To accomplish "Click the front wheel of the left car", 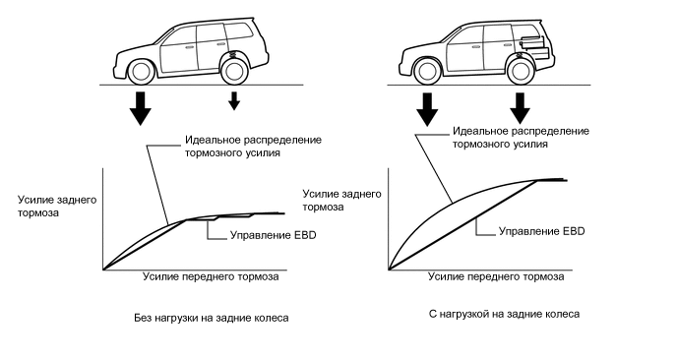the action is (x=141, y=72).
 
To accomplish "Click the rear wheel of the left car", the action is (x=234, y=72).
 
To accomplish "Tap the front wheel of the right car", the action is (x=427, y=72).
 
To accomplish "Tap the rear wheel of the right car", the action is (x=521, y=72).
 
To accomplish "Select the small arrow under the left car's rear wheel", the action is (x=234, y=101).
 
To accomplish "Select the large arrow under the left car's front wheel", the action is (x=140, y=108).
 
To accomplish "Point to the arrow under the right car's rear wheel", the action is (x=520, y=108).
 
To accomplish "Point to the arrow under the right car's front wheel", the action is (x=427, y=109).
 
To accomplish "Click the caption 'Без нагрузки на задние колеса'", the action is (x=212, y=318).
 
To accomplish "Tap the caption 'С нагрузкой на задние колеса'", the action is (x=504, y=314).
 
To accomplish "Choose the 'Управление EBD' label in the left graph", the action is (x=274, y=235).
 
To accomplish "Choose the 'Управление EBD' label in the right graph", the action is (x=542, y=231).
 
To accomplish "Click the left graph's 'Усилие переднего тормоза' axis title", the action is (x=211, y=276).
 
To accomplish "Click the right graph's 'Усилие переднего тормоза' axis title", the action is (x=496, y=276).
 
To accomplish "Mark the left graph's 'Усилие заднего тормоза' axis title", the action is (x=57, y=207).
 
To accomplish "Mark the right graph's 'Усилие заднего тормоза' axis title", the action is (x=342, y=201).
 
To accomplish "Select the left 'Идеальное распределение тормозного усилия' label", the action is (x=254, y=147).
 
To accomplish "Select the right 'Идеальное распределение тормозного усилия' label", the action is (x=521, y=138).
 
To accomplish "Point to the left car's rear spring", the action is (x=233, y=55).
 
